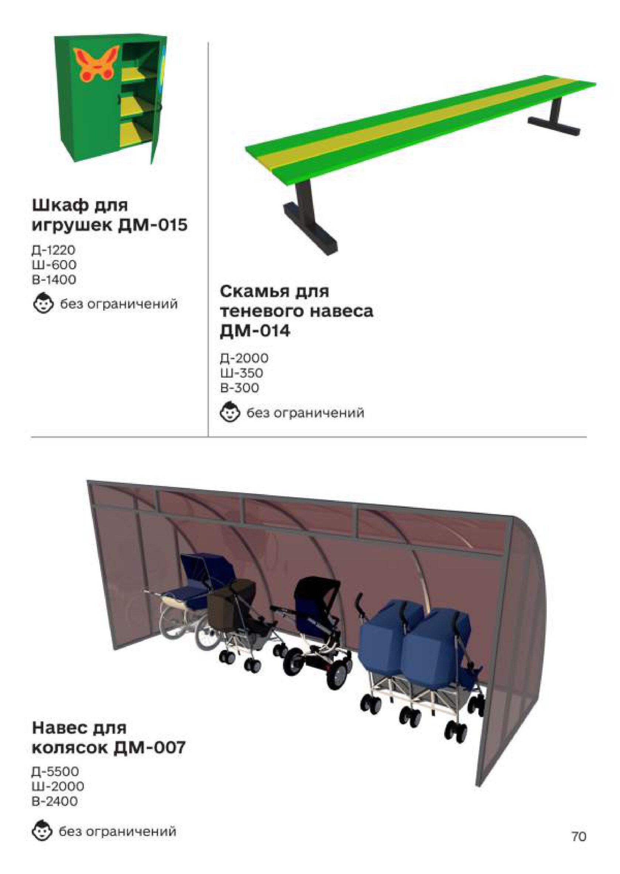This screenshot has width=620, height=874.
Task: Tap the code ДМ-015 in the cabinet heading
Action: (153, 225)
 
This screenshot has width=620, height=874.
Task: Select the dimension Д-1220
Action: (54, 250)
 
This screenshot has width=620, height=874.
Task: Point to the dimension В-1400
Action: (54, 279)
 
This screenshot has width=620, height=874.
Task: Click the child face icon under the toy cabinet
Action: (42, 303)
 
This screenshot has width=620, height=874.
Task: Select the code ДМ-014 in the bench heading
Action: (255, 331)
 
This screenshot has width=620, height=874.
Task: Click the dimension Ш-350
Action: (242, 373)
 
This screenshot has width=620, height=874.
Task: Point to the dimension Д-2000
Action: (244, 358)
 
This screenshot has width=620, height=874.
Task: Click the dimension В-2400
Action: (55, 801)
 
